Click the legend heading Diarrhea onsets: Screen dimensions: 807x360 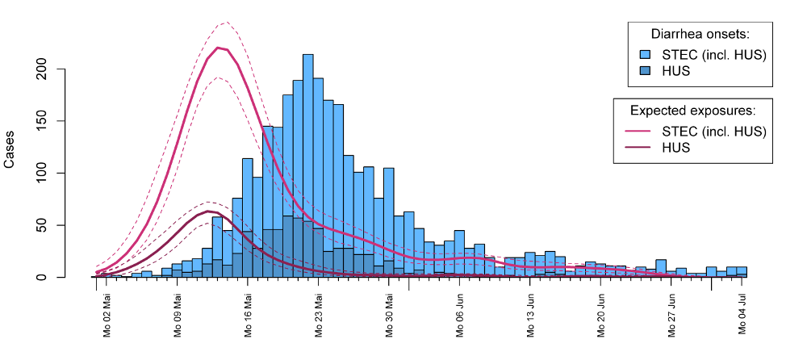click(x=700, y=35)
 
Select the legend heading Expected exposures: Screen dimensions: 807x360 click(x=692, y=111)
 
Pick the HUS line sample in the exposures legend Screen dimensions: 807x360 click(x=638, y=148)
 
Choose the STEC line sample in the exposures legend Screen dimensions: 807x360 click(x=638, y=130)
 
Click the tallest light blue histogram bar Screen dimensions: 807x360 click(x=308, y=165)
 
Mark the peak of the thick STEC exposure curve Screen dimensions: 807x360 click(x=218, y=48)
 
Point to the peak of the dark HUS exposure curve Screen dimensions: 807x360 click(x=208, y=211)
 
